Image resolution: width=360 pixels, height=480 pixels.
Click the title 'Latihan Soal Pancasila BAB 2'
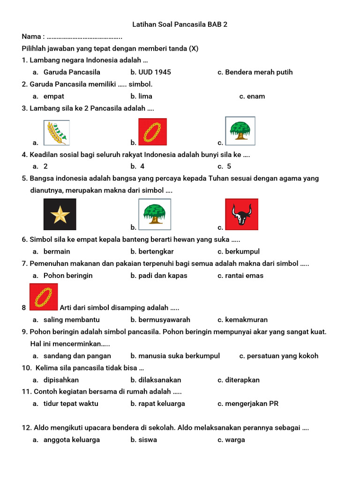click(180, 24)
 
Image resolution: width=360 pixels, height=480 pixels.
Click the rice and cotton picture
click(56, 133)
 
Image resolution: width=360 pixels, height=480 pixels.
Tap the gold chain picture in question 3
click(152, 132)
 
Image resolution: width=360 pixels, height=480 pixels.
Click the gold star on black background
click(60, 214)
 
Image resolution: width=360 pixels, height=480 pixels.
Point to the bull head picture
click(241, 214)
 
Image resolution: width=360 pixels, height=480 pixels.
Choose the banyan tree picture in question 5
click(155, 214)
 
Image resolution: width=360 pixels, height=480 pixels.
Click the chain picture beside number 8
click(44, 297)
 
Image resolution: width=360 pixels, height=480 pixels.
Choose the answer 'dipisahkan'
click(61, 380)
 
